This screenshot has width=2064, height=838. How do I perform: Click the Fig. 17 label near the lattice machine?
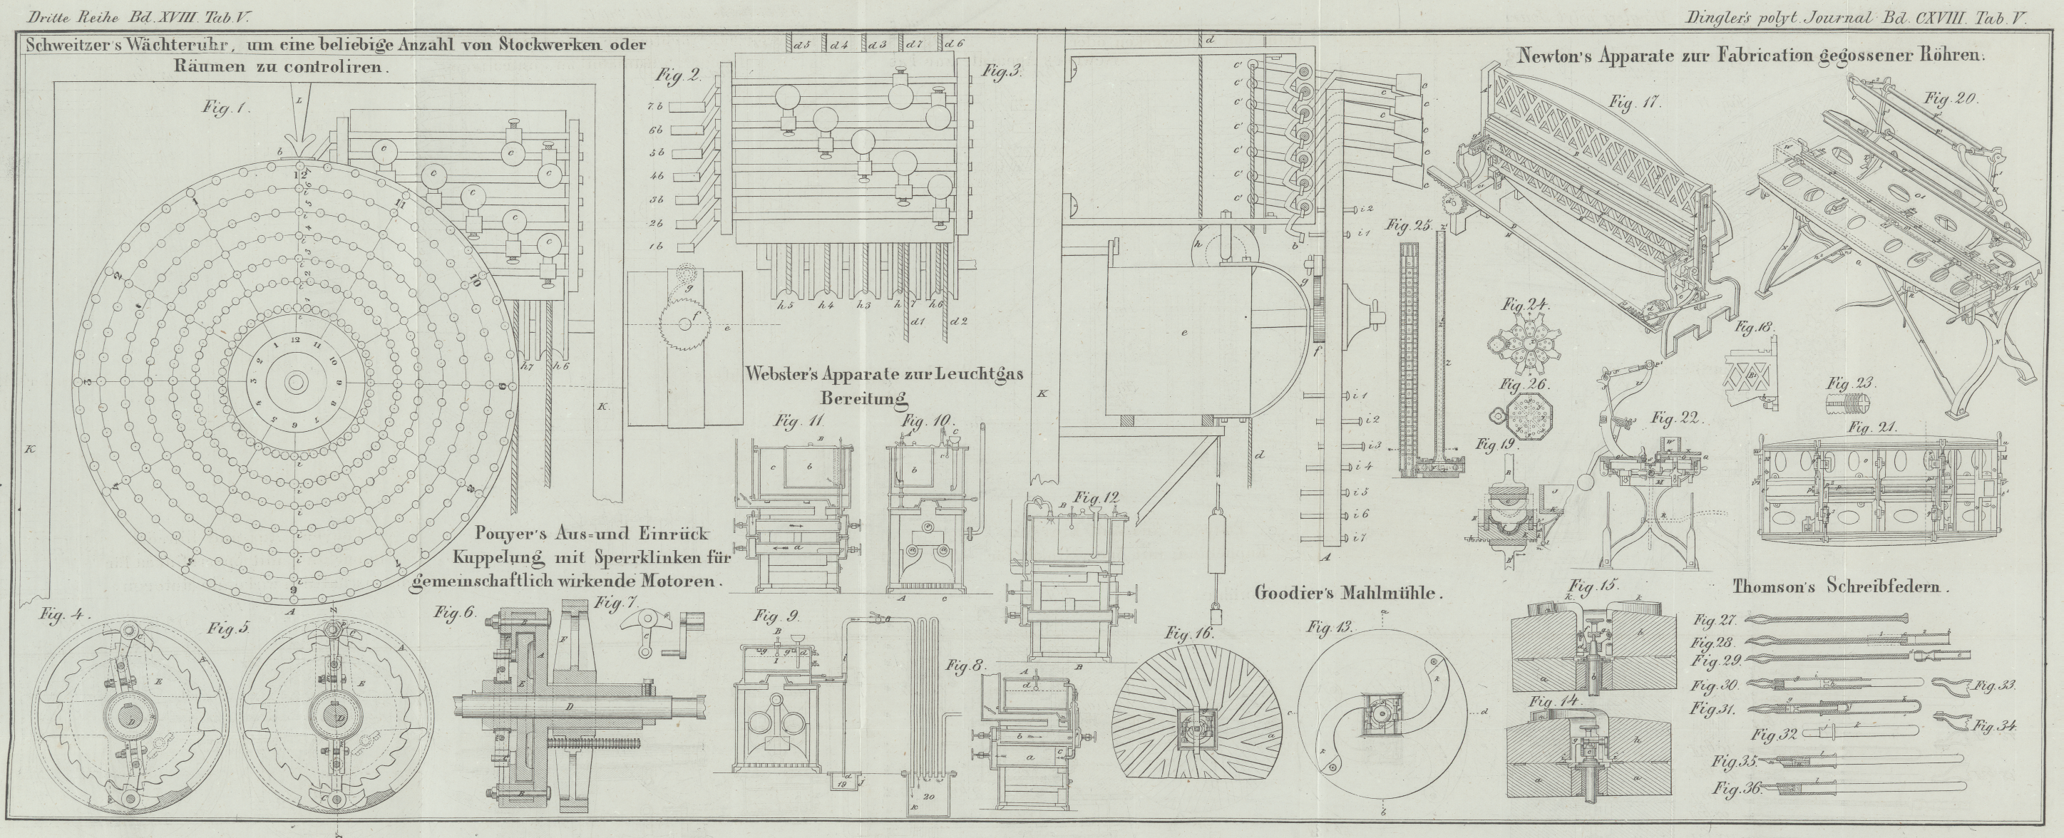pyautogui.click(x=1635, y=103)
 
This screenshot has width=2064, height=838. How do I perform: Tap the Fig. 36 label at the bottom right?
pyautogui.click(x=1736, y=788)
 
